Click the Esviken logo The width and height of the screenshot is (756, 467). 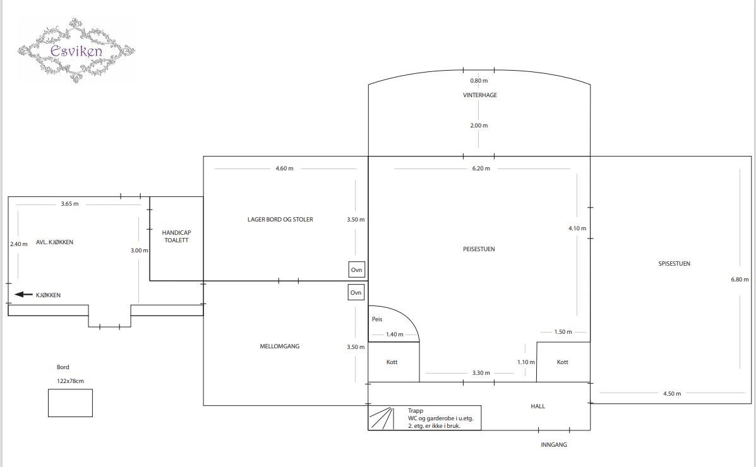(76, 50)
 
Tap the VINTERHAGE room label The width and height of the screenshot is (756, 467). (480, 95)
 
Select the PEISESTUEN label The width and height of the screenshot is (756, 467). (479, 249)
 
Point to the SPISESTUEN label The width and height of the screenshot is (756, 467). (674, 264)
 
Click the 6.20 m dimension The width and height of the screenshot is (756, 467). (481, 168)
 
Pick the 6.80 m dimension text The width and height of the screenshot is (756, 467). (740, 279)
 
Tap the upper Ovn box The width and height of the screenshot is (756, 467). (356, 270)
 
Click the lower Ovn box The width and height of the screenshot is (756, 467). (356, 293)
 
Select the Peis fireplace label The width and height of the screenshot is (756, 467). (377, 319)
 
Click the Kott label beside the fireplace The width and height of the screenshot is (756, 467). (392, 362)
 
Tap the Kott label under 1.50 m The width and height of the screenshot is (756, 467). (563, 362)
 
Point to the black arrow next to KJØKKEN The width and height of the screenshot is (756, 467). (23, 295)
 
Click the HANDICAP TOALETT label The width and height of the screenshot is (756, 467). (176, 236)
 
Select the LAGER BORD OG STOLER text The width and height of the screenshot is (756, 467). (280, 219)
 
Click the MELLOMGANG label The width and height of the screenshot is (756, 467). (280, 346)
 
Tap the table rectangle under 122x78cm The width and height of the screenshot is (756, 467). (70, 403)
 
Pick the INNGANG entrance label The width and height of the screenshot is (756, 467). (554, 444)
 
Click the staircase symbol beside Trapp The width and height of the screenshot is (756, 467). (381, 418)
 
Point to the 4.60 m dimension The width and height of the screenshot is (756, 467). (284, 168)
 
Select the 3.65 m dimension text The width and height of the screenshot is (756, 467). (69, 204)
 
